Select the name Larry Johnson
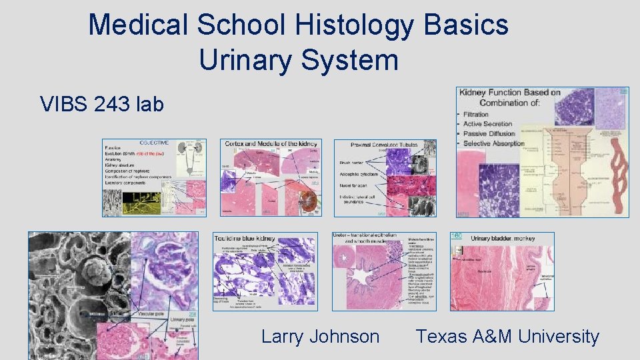pyautogui.click(x=320, y=337)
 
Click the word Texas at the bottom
pyautogui.click(x=443, y=337)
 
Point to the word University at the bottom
pyautogui.click(x=559, y=337)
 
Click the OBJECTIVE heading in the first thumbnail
pyautogui.click(x=154, y=143)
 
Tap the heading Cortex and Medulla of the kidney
pyautogui.click(x=271, y=144)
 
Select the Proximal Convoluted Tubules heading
pyautogui.click(x=385, y=144)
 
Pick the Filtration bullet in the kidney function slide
pyautogui.click(x=477, y=115)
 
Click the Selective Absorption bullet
pyautogui.click(x=494, y=143)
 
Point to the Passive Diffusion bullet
pyautogui.click(x=489, y=133)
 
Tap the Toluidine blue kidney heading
pyautogui.click(x=245, y=238)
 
